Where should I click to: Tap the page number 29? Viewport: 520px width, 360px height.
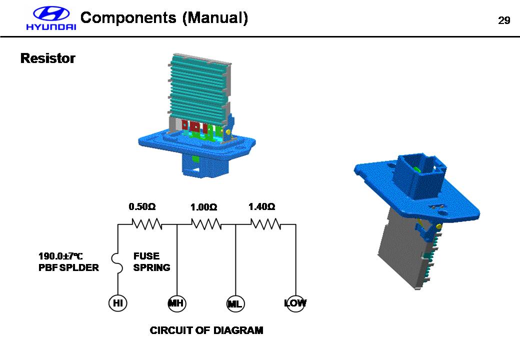click(503, 20)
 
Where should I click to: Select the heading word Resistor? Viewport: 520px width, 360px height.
click(47, 58)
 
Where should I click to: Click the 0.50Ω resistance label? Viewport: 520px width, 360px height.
click(142, 206)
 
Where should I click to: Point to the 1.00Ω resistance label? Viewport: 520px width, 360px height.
click(203, 207)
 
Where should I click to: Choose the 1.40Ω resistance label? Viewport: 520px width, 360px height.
click(262, 206)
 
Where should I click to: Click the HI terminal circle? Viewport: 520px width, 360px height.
click(117, 303)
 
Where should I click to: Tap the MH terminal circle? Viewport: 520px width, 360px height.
click(177, 303)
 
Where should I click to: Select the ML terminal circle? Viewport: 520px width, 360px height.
click(235, 303)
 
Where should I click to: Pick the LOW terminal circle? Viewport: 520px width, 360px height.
click(295, 303)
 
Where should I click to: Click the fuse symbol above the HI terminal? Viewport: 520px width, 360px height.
click(118, 262)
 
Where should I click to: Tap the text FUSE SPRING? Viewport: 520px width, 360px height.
click(151, 262)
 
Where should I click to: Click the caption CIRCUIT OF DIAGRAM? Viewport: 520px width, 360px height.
click(206, 330)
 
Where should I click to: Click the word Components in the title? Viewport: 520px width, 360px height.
click(128, 18)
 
